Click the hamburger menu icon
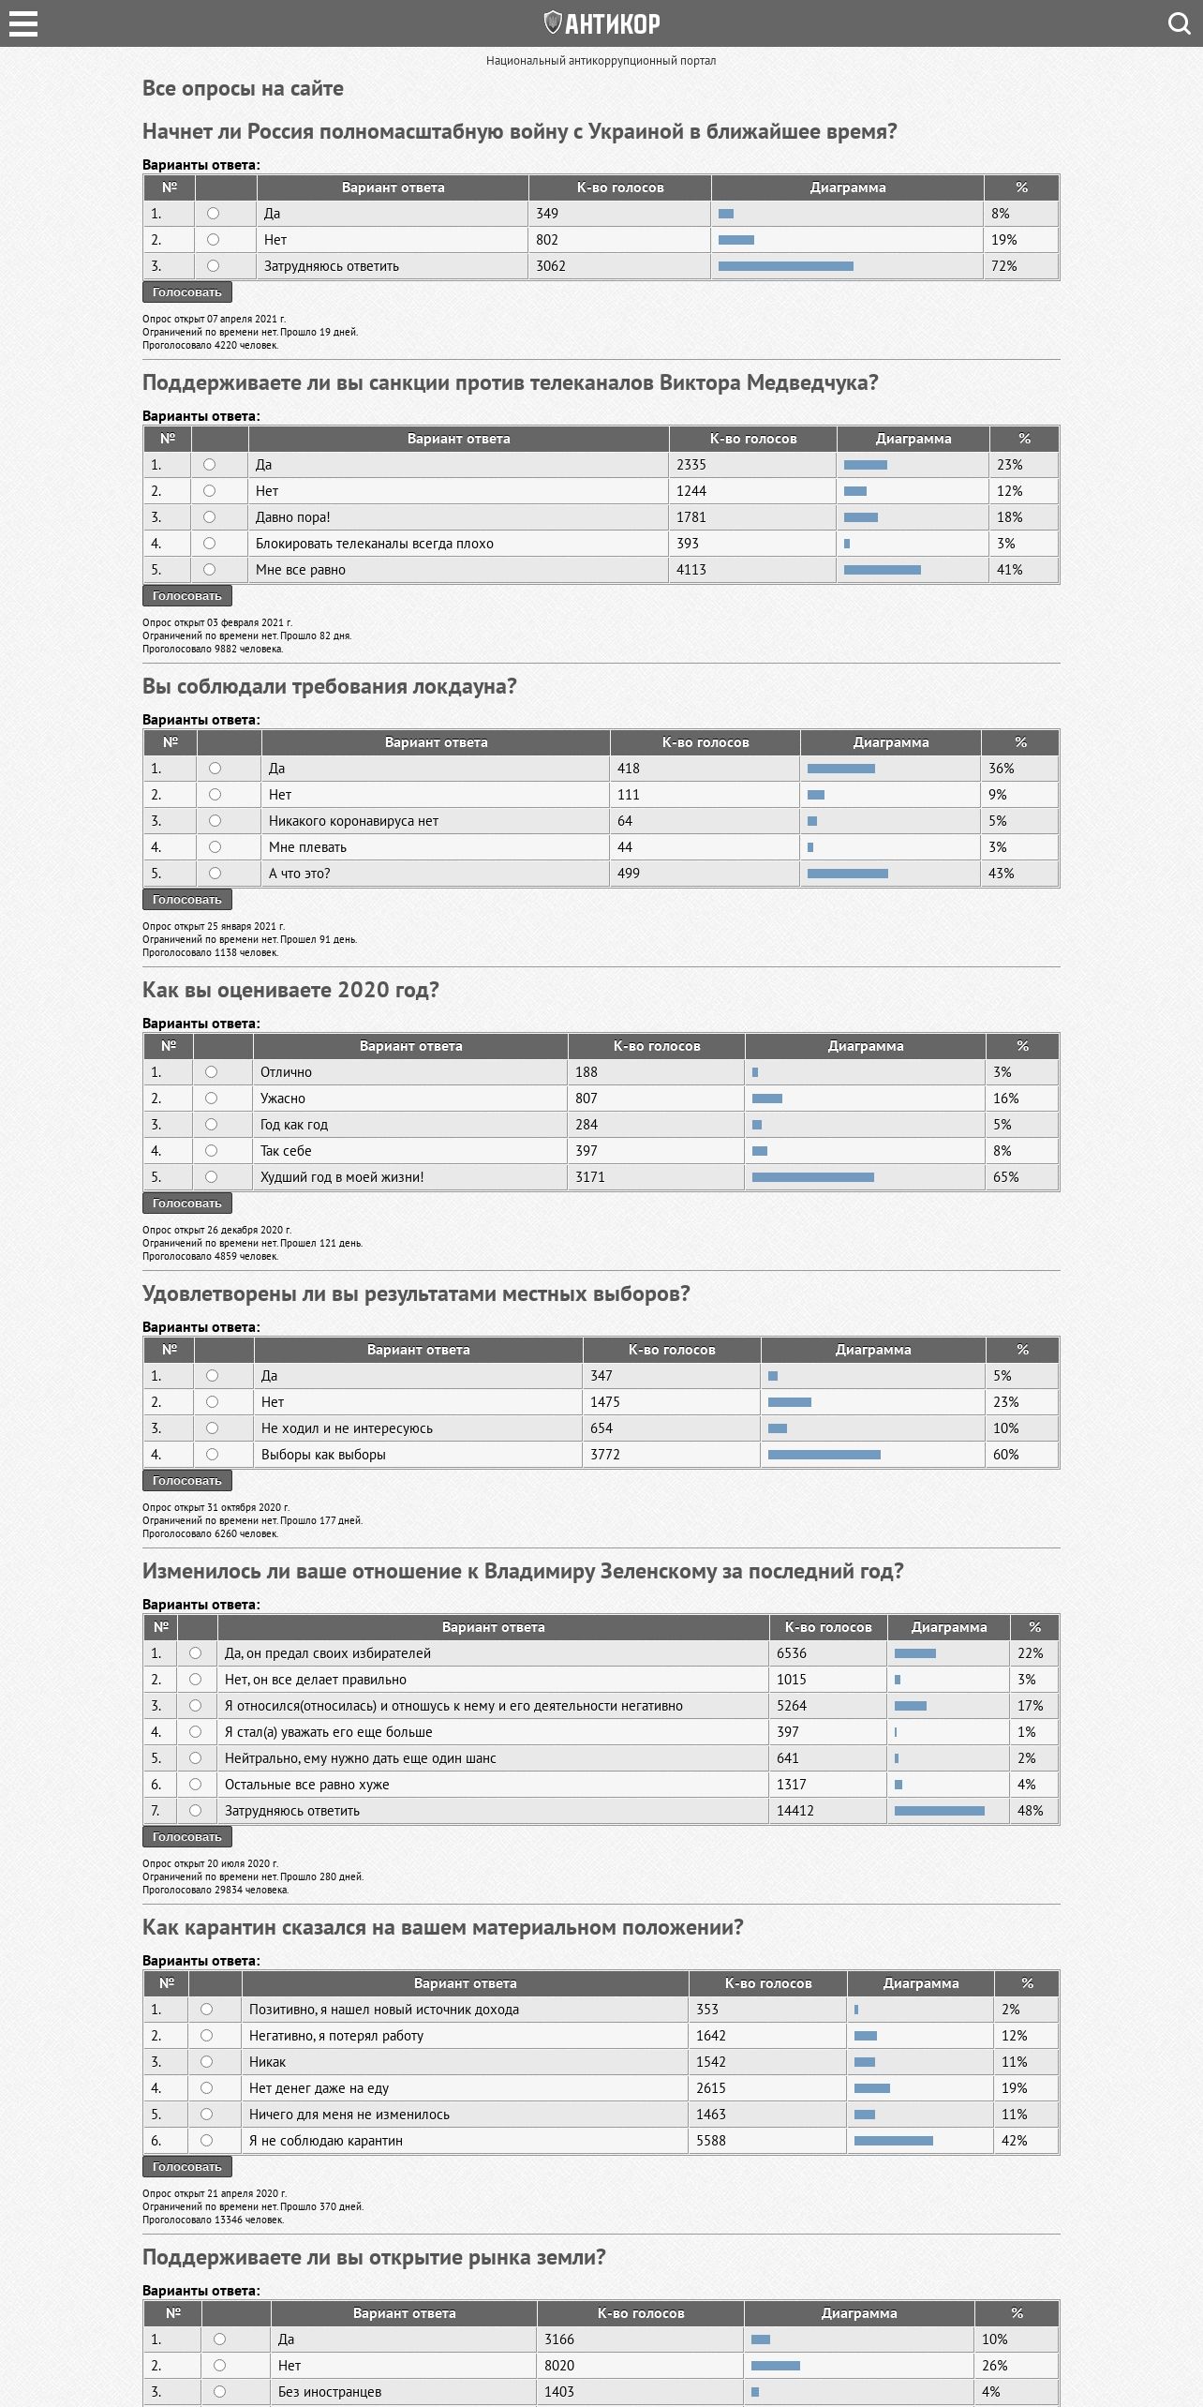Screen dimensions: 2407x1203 coord(23,23)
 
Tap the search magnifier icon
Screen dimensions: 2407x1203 coord(1179,23)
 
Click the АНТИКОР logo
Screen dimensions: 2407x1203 coord(601,23)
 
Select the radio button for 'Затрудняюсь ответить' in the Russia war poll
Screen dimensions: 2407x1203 coord(213,266)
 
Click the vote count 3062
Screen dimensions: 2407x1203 coord(551,266)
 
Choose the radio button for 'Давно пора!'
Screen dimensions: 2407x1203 coord(209,517)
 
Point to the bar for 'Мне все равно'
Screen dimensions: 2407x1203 coord(882,570)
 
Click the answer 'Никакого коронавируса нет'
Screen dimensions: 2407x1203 coord(353,821)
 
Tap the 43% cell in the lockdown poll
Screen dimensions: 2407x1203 coord(1001,874)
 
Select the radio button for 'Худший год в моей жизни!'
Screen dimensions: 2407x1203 coord(211,1177)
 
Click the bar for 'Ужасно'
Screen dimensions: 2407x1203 coord(766,1099)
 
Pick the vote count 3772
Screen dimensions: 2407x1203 coord(605,1455)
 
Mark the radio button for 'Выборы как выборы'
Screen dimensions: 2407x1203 coord(212,1455)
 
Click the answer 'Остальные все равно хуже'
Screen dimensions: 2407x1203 coord(306,1785)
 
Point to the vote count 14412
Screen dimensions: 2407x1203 coord(795,1811)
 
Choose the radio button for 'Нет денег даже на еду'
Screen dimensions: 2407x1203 coord(206,2088)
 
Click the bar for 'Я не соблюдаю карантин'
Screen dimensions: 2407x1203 coord(893,2141)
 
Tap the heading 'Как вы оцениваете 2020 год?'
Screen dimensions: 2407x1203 coord(290,990)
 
